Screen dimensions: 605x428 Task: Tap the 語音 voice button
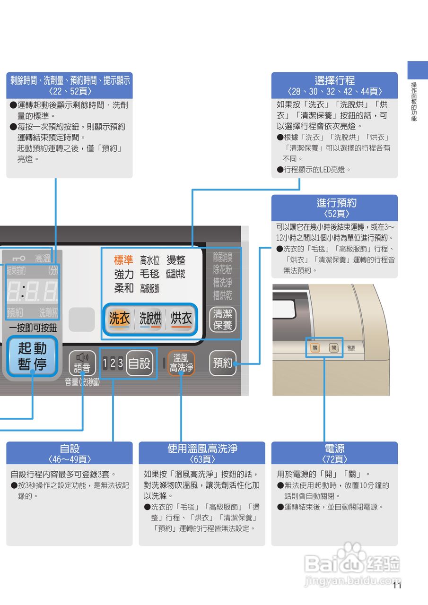pyautogui.click(x=82, y=363)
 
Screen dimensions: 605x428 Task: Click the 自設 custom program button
pyautogui.click(x=140, y=363)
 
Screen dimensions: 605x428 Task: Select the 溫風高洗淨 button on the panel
pyautogui.click(x=181, y=363)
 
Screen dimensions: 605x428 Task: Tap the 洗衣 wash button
pyautogui.click(x=119, y=319)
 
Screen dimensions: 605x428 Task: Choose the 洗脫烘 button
pyautogui.click(x=150, y=319)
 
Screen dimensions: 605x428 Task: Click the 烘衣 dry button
pyautogui.click(x=181, y=319)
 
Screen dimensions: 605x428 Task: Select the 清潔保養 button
pyautogui.click(x=222, y=319)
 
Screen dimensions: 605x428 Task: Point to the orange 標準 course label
pyautogui.click(x=123, y=260)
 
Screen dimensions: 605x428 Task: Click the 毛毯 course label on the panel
pyautogui.click(x=150, y=274)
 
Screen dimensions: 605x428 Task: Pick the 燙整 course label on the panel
pyautogui.click(x=176, y=260)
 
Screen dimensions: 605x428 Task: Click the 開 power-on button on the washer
pyautogui.click(x=334, y=348)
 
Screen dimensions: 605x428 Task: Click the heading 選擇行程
pyautogui.click(x=334, y=80)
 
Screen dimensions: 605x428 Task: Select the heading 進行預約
pyautogui.click(x=334, y=203)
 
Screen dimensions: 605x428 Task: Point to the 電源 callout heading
pyautogui.click(x=334, y=449)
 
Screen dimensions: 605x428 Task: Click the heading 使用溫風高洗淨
pyautogui.click(x=202, y=449)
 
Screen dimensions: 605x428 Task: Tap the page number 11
pyautogui.click(x=397, y=586)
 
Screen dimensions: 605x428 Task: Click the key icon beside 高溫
pyautogui.click(x=19, y=258)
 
